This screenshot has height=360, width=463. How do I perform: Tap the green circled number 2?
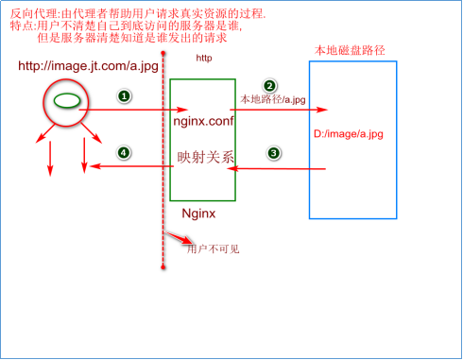coord(269,85)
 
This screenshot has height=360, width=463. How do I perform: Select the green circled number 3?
coord(274,152)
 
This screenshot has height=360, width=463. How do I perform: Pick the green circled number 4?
coord(122,152)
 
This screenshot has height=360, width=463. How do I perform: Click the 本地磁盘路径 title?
coord(353,48)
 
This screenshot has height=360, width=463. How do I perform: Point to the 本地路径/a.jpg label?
coord(274,98)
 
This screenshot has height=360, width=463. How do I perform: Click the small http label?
coord(203,59)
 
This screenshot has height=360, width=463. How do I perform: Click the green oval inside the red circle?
coord(64,99)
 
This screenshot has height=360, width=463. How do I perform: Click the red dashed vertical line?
coord(163,189)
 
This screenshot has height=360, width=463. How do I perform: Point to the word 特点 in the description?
coord(19,26)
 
